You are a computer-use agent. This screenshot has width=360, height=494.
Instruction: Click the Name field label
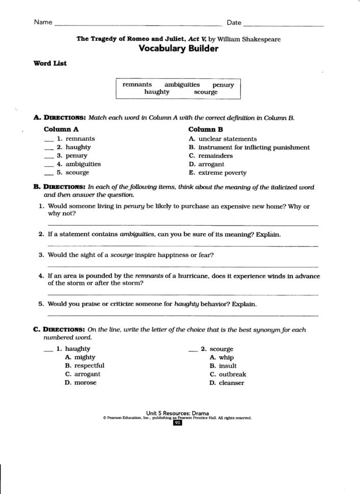(43, 22)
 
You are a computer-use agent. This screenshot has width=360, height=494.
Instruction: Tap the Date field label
(234, 22)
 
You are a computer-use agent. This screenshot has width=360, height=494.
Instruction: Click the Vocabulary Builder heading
(178, 49)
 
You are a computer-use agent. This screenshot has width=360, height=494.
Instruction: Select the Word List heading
(50, 64)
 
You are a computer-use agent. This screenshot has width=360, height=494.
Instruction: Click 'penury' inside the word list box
(223, 85)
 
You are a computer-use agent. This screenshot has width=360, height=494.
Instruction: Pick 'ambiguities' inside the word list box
(182, 85)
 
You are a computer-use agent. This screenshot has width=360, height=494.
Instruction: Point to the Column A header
(61, 129)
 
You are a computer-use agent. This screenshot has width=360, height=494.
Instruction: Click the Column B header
(206, 129)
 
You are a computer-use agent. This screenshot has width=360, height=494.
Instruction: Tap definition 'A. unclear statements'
(223, 139)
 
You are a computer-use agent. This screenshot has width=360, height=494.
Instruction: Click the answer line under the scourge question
(183, 266)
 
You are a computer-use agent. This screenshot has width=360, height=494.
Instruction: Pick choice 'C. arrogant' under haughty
(82, 374)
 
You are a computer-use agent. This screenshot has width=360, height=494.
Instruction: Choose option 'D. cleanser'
(227, 383)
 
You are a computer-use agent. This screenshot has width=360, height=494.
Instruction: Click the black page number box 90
(177, 423)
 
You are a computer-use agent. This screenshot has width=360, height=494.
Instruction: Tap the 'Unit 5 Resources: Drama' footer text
(177, 413)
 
